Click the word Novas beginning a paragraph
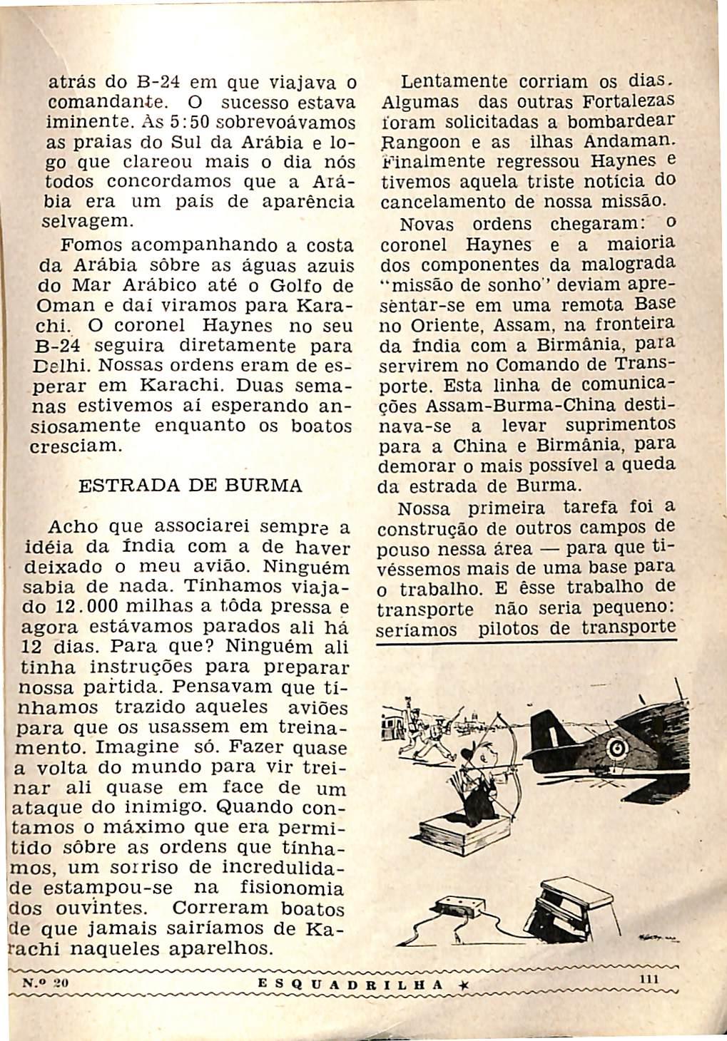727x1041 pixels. (426, 224)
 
